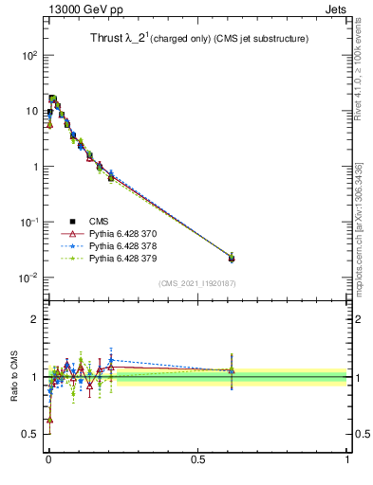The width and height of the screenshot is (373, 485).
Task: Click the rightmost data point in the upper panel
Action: click(232, 258)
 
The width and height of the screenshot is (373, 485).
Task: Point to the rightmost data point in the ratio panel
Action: click(232, 370)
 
